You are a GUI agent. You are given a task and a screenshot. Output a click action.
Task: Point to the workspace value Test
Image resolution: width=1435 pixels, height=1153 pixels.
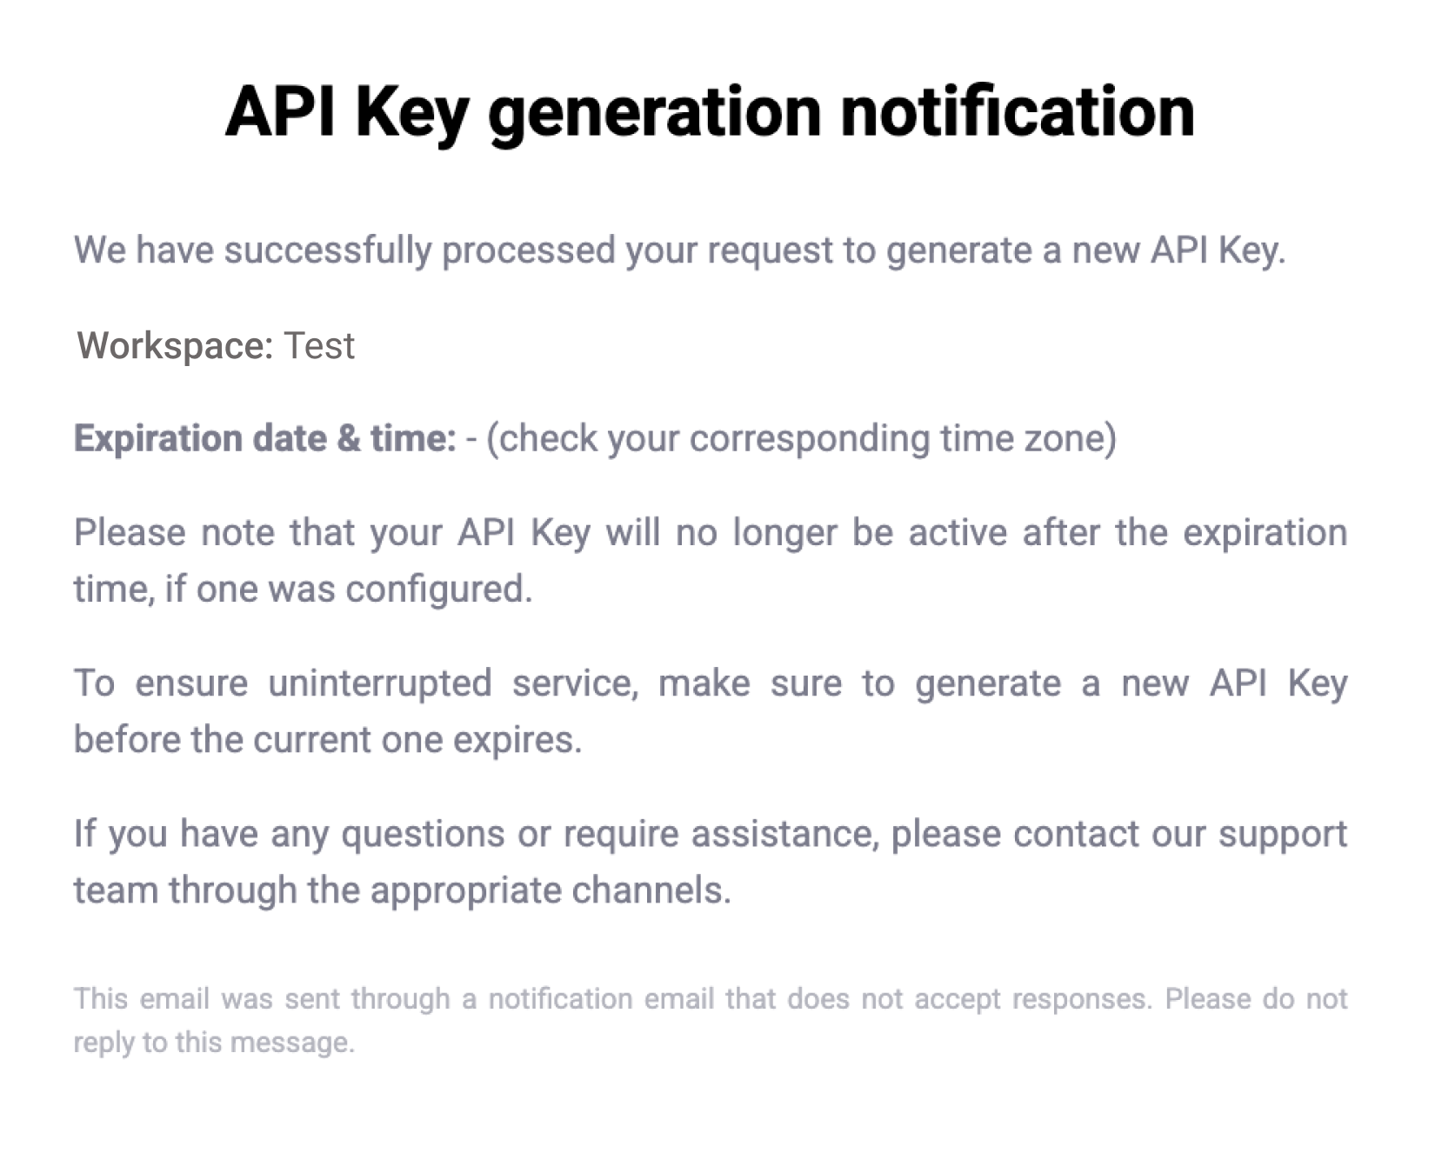319,346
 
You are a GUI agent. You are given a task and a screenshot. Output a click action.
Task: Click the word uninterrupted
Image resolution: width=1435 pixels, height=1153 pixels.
380,683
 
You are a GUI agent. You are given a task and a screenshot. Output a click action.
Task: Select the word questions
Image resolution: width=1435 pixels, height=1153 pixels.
423,835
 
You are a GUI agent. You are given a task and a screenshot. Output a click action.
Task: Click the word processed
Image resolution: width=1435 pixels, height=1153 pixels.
529,251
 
